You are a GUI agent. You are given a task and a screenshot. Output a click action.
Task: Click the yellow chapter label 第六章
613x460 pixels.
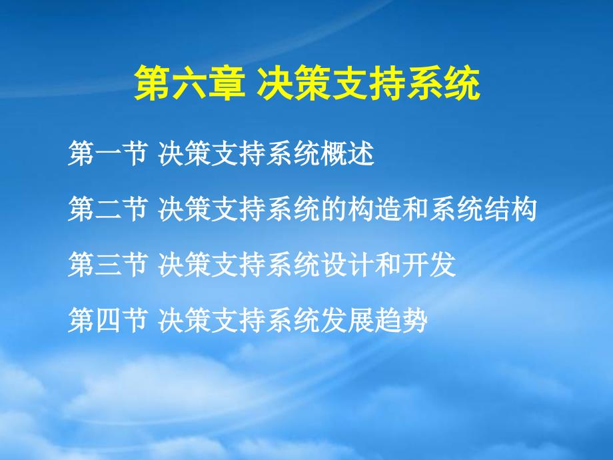[190, 83]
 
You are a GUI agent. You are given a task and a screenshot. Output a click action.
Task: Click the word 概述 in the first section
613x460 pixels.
[348, 153]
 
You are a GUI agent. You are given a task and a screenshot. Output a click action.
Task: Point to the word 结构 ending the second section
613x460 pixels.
[510, 209]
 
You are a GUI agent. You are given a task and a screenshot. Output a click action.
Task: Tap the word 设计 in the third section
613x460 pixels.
[348, 264]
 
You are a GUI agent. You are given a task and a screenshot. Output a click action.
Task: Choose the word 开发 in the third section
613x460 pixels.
[429, 264]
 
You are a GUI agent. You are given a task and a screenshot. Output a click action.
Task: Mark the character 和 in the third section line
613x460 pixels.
[388, 264]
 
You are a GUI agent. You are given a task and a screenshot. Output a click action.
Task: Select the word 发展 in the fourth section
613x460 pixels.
[348, 319]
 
